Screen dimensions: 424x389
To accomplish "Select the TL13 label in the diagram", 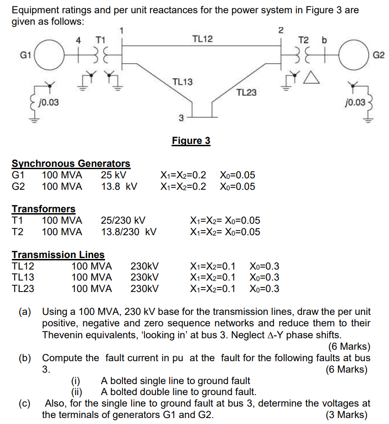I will coord(182,82).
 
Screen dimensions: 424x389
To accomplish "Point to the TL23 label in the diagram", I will coord(246,93).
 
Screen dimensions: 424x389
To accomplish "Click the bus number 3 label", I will coord(181,118).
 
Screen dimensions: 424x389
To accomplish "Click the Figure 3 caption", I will coord(191,140).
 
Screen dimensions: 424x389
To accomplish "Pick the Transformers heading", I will coord(44,209).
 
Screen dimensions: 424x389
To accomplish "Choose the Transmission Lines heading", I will coord(58,254).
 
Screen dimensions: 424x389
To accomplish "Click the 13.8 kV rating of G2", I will coord(119,187).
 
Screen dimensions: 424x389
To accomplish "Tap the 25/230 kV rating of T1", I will coord(123,220).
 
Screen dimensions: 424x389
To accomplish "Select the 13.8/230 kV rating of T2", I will coord(129,232).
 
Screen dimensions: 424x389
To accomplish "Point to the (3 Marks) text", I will coord(346,415).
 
